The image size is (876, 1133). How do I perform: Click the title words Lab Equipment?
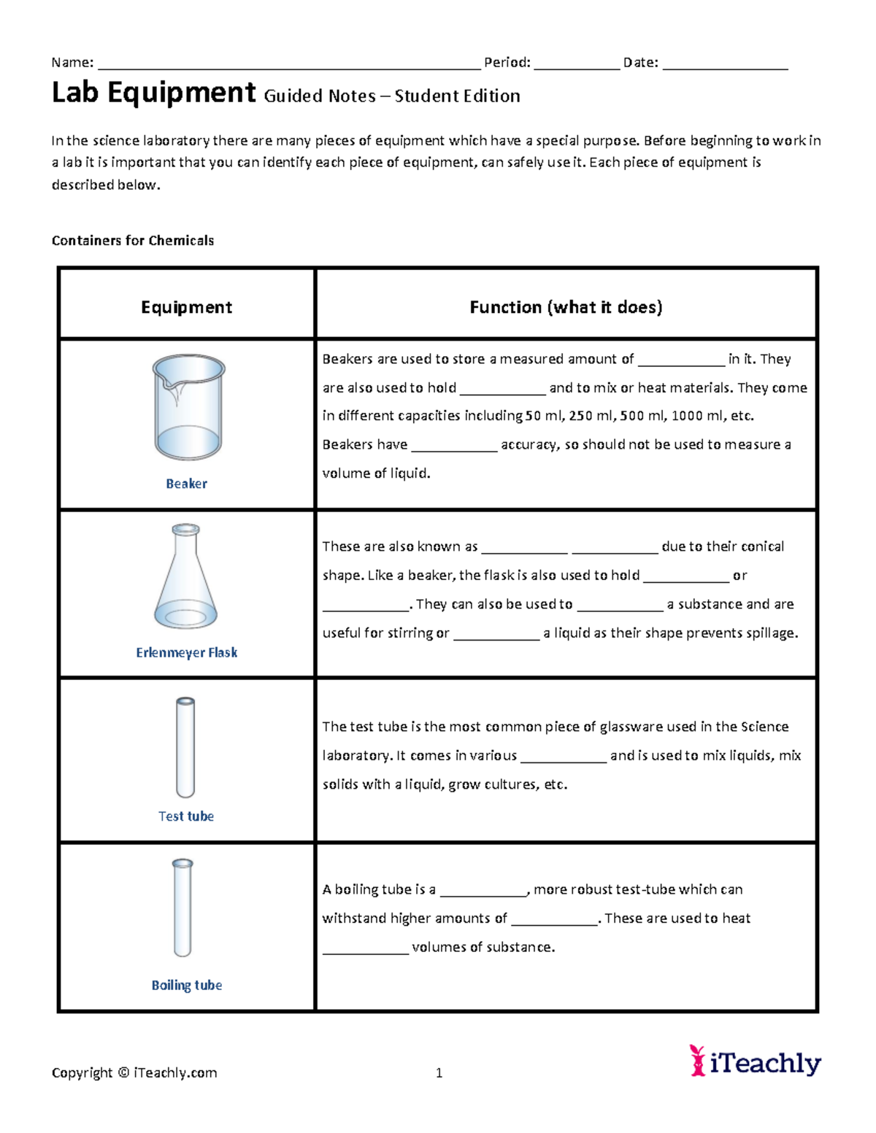(153, 93)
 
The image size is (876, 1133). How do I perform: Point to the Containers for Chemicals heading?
(133, 241)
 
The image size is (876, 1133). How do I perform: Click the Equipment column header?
(186, 307)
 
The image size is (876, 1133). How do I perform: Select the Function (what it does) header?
(566, 307)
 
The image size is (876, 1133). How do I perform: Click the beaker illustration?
(188, 407)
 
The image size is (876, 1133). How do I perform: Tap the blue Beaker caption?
(186, 484)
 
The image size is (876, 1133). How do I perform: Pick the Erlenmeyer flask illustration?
(185, 576)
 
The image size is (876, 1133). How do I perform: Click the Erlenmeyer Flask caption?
(186, 652)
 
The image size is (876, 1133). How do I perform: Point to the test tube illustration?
(185, 747)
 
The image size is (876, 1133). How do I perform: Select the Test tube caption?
(186, 816)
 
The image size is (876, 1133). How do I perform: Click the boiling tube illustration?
(182, 908)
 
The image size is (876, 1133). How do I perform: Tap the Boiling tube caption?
(186, 985)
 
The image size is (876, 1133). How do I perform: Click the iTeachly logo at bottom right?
(756, 1062)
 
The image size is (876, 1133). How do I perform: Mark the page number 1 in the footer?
(439, 1072)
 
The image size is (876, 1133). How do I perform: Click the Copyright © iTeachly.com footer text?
(134, 1072)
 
